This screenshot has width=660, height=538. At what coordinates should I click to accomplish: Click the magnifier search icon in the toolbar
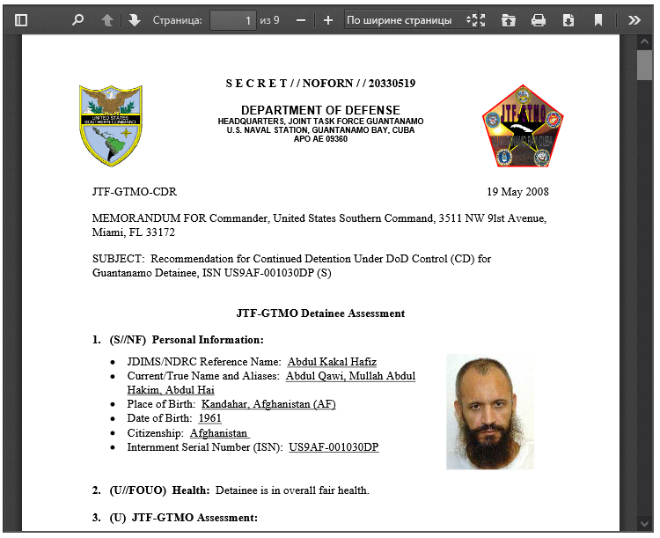tap(77, 19)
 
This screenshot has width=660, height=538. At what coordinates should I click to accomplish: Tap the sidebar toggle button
tap(21, 19)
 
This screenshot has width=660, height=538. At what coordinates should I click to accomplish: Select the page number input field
tap(232, 19)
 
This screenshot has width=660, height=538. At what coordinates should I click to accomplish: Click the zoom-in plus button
tap(328, 19)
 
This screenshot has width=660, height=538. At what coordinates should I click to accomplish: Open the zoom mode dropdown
tap(404, 19)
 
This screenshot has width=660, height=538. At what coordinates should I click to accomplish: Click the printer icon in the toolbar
tap(539, 19)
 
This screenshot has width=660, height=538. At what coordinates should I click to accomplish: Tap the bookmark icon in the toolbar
tap(598, 19)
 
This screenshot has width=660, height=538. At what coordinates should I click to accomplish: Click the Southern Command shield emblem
tap(111, 125)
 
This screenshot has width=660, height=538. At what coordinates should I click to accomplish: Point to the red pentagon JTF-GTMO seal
tap(522, 126)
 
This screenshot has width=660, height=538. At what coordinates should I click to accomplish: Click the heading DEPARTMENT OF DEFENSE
tap(320, 109)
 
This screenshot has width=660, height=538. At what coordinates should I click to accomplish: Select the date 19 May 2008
tap(517, 191)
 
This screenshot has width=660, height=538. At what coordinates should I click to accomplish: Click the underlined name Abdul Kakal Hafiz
tap(332, 362)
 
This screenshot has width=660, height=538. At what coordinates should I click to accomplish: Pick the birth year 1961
tap(209, 418)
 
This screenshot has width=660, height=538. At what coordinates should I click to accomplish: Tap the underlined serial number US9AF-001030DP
tap(334, 447)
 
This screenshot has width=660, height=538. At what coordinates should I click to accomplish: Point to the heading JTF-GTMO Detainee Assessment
tap(320, 313)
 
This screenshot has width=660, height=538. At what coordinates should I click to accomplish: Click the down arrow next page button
tap(134, 19)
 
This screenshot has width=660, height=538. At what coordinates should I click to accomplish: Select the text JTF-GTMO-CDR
tap(134, 191)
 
